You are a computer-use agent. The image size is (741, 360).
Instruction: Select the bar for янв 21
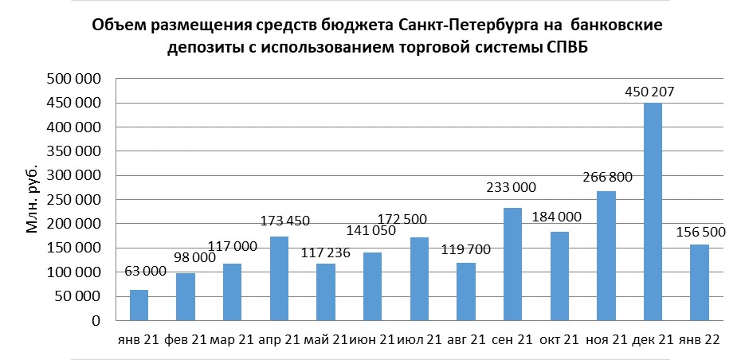coord(139,305)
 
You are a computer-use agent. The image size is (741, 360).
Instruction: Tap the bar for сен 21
coord(512,264)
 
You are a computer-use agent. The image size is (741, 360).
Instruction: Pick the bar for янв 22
coord(699,283)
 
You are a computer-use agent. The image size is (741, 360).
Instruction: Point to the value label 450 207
coord(649,92)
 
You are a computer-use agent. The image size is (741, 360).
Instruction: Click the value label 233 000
coord(511,188)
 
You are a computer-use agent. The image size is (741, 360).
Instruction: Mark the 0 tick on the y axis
coord(94,321)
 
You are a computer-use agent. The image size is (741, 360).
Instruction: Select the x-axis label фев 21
coord(186,340)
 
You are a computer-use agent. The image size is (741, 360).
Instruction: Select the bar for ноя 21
coord(606,256)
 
